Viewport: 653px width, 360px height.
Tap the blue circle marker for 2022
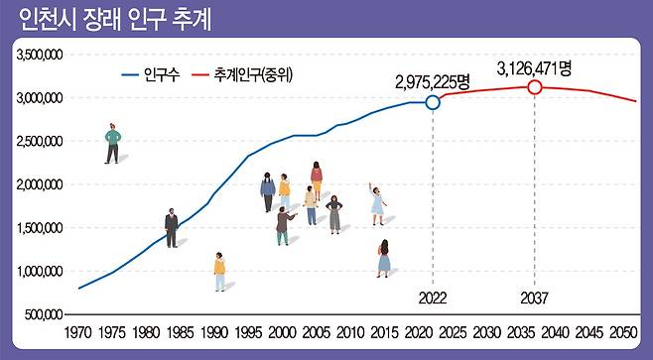433,102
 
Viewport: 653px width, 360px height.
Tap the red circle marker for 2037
535,87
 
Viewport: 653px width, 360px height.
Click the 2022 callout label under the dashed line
433,297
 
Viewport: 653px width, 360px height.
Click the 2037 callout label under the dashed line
535,297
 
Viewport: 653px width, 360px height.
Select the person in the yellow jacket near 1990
219,271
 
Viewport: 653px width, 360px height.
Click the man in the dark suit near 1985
171,227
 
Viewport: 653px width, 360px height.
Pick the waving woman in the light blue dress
377,202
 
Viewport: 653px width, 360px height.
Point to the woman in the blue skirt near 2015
383,258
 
